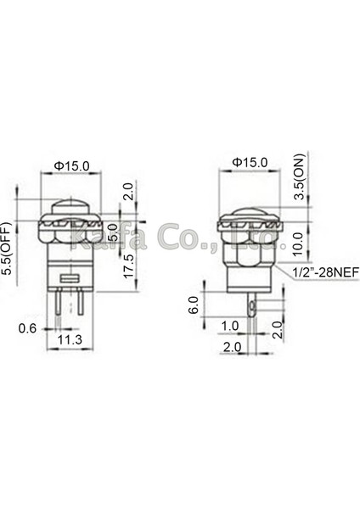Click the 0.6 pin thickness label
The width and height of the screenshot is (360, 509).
(28, 328)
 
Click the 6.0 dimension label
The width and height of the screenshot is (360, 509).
(194, 303)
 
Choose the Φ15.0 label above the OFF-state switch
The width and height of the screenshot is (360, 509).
(69, 165)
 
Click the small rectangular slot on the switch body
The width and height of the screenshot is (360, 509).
(69, 278)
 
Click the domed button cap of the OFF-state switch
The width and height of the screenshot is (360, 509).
(69, 207)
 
